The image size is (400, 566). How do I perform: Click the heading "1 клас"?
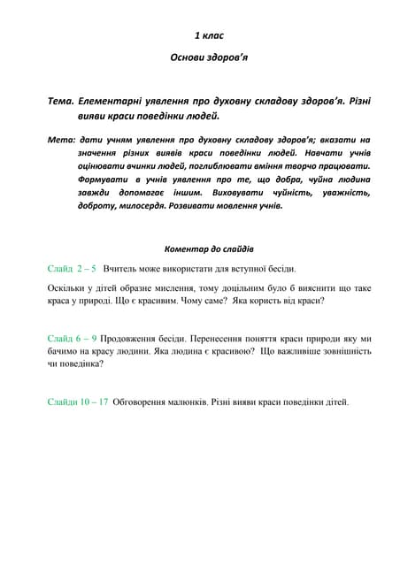(x=209, y=36)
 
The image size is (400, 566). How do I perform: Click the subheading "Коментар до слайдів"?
(x=209, y=249)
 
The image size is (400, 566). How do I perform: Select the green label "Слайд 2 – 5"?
(x=72, y=268)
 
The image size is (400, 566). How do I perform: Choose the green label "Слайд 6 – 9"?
(x=72, y=337)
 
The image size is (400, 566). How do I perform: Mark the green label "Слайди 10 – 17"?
(x=78, y=402)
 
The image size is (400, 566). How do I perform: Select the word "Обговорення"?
(x=144, y=402)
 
